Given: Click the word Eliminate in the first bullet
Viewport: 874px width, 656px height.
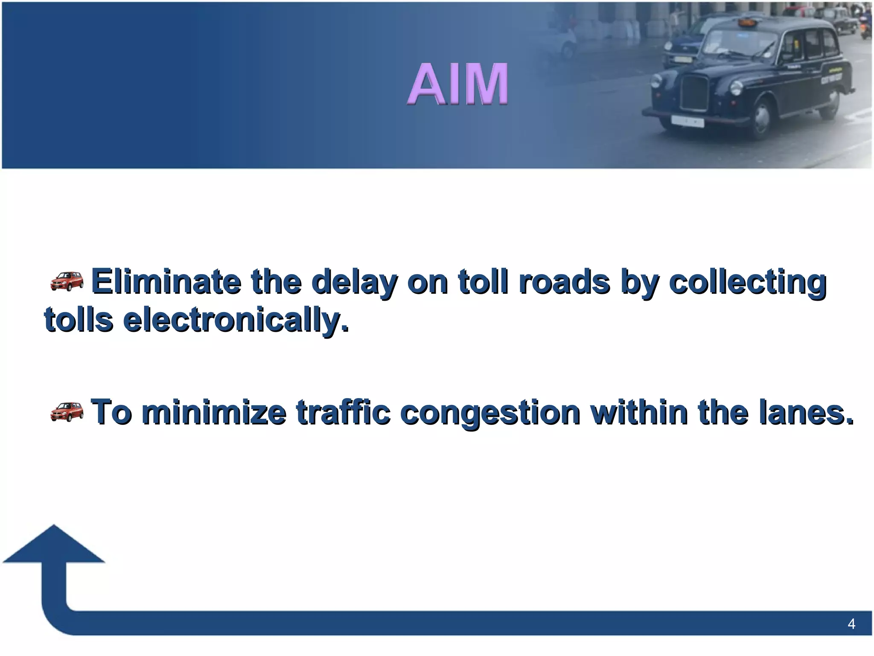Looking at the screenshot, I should (166, 282).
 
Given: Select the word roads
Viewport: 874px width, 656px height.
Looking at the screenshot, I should (564, 282).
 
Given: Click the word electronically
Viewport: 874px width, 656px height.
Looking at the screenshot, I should (236, 320).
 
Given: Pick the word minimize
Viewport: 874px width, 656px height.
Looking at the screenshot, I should (214, 412).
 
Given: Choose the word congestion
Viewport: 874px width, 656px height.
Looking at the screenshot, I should (491, 413).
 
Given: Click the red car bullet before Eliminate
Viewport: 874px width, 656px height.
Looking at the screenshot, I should (67, 281).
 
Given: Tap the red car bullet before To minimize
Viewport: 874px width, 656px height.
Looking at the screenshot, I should (67, 412).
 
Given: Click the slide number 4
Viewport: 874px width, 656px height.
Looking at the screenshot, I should (851, 624).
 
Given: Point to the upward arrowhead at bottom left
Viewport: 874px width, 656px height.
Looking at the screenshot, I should (54, 546).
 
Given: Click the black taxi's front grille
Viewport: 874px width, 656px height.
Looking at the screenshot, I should (695, 92).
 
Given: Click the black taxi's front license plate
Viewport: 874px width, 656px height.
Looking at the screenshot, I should (687, 122).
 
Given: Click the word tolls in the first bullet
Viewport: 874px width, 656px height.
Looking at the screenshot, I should (79, 320).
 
